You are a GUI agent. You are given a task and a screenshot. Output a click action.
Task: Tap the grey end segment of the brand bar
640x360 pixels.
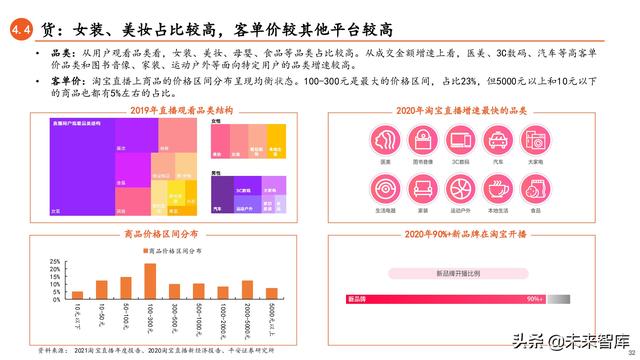(x=561, y=298)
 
